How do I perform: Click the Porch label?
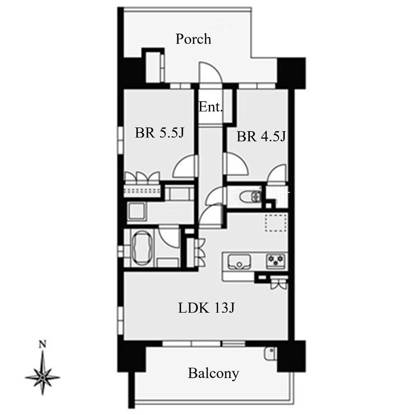[193, 39]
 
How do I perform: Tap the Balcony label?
[213, 374]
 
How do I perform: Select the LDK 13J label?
[206, 308]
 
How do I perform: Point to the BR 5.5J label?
[159, 133]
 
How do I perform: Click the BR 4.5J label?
[261, 137]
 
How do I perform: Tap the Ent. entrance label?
[210, 107]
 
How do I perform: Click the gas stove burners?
[276, 261]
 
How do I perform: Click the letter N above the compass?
[42, 344]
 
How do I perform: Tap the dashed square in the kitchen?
[276, 223]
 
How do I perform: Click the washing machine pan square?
[137, 212]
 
